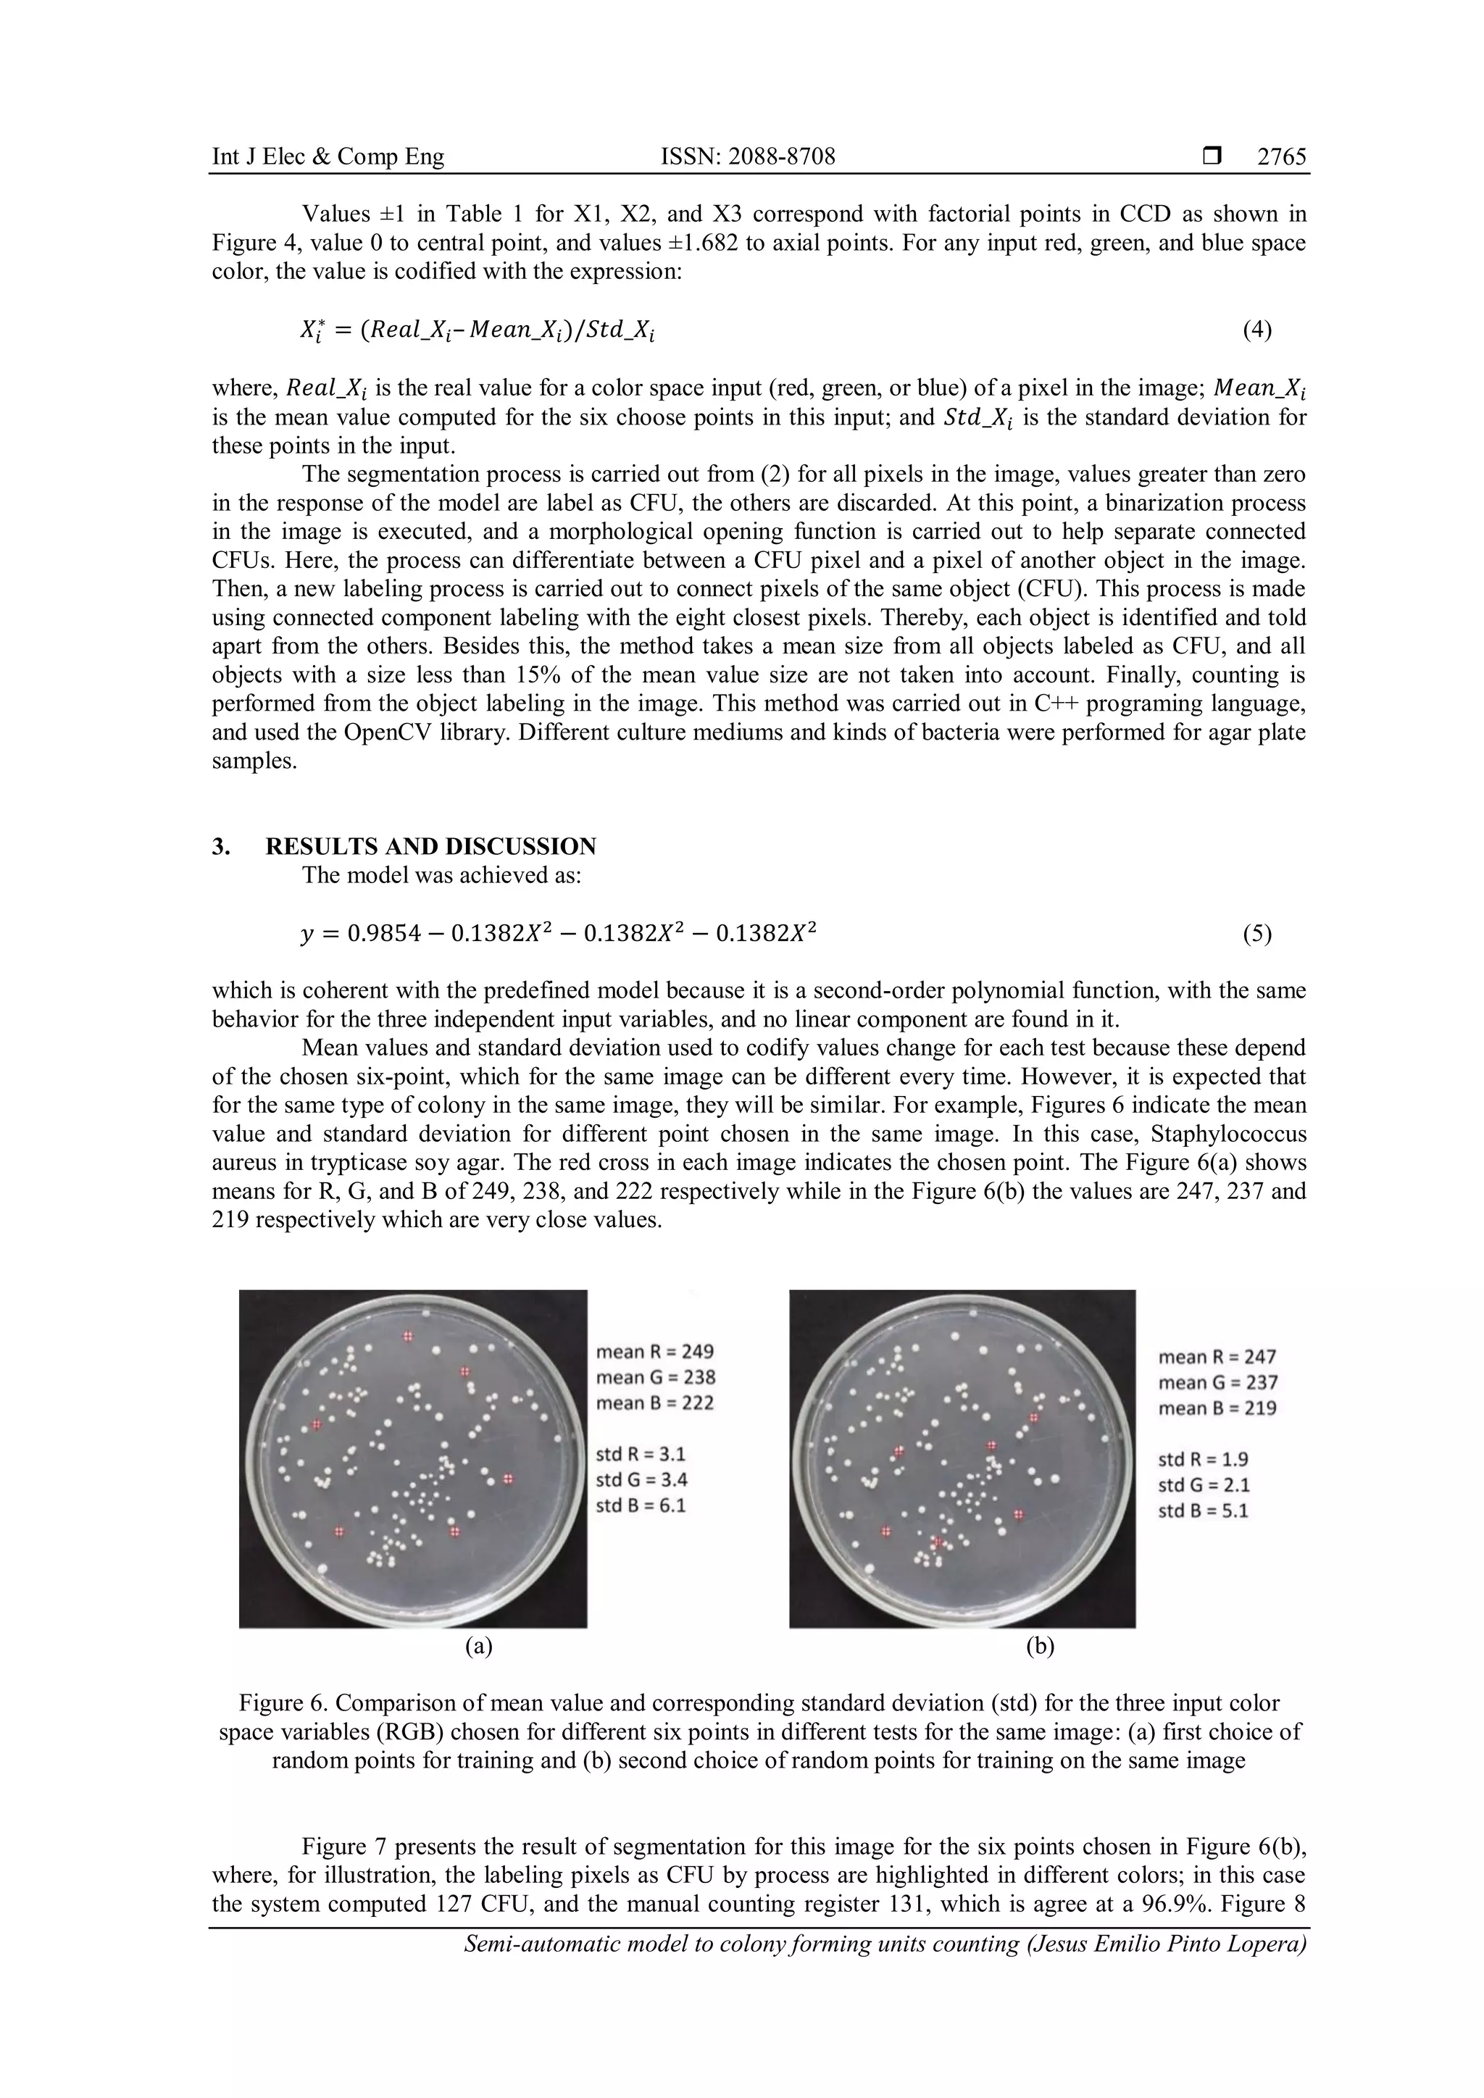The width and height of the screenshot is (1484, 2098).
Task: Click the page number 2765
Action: coord(1281,157)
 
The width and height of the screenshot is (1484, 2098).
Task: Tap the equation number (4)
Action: coord(1256,330)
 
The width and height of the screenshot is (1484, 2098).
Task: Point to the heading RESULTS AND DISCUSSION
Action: coord(430,846)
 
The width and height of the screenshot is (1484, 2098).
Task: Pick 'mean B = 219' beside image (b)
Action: coord(1217,1408)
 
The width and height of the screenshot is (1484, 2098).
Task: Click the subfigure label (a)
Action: coord(478,1646)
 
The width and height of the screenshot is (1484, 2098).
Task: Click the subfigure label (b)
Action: coord(1040,1646)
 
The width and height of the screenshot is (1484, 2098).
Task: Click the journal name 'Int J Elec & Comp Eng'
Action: coord(328,157)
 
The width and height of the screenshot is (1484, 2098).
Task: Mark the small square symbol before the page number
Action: coord(1212,157)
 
